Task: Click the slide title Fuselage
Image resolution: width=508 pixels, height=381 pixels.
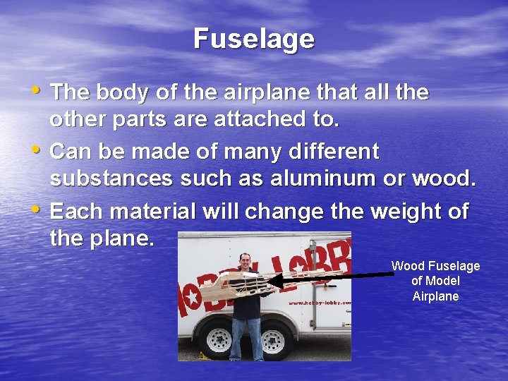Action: (x=254, y=39)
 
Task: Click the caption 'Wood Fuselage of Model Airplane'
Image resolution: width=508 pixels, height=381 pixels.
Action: (x=435, y=281)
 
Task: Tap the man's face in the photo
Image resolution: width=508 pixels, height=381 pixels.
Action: (x=245, y=262)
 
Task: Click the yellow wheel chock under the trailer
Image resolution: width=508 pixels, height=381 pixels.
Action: (x=205, y=355)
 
